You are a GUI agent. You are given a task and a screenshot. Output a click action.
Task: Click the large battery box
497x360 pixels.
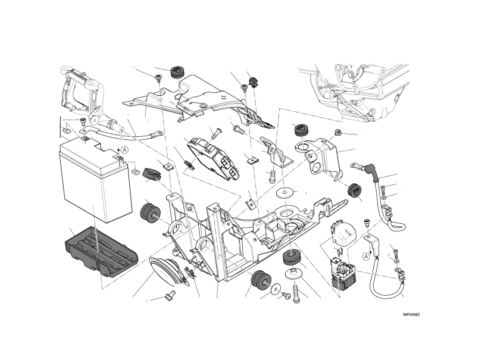[96, 181]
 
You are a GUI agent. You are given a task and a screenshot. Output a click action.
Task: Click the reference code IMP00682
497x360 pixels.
[411, 315]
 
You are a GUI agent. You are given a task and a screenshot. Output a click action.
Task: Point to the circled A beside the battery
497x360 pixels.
[125, 149]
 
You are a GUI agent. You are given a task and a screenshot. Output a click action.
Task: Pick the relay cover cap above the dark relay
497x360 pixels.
[342, 232]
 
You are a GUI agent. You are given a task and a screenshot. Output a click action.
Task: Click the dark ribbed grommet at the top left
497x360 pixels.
[176, 73]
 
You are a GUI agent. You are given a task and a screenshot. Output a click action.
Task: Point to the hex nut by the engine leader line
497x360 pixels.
[339, 132]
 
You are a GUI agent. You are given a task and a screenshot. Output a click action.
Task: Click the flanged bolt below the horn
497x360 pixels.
[170, 295]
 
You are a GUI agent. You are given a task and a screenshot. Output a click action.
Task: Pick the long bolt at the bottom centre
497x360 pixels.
[296, 293]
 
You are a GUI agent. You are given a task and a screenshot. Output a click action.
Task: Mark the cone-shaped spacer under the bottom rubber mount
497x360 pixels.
[294, 274]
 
